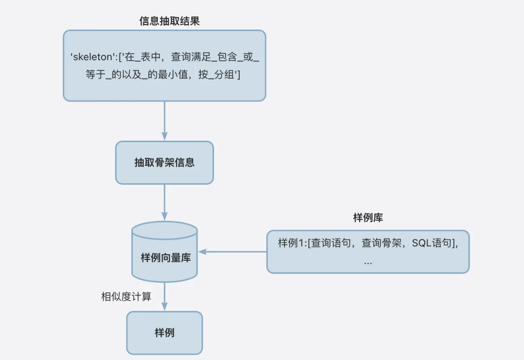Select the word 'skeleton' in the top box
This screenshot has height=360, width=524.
(x=92, y=57)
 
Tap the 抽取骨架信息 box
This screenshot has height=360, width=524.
(x=164, y=163)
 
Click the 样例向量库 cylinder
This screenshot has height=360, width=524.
(x=164, y=258)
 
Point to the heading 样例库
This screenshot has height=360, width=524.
(x=368, y=218)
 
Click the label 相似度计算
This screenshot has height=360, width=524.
(x=126, y=296)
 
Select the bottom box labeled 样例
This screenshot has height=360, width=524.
(x=164, y=333)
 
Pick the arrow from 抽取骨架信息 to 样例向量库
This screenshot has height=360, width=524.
(x=164, y=202)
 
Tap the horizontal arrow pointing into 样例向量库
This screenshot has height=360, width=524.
(x=233, y=252)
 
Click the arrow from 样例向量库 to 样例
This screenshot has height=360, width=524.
(x=164, y=296)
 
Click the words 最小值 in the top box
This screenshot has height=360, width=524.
(x=163, y=75)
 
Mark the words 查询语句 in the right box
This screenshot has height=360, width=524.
(x=330, y=244)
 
